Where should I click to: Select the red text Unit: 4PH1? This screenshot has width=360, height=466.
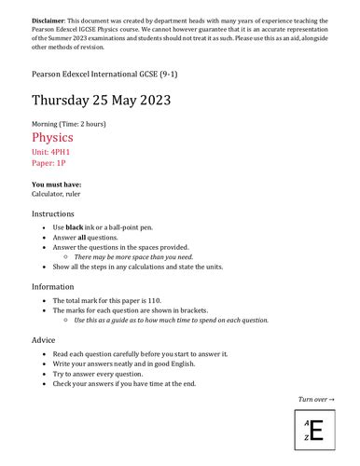click(x=52, y=152)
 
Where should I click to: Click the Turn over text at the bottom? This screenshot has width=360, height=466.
click(x=316, y=399)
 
